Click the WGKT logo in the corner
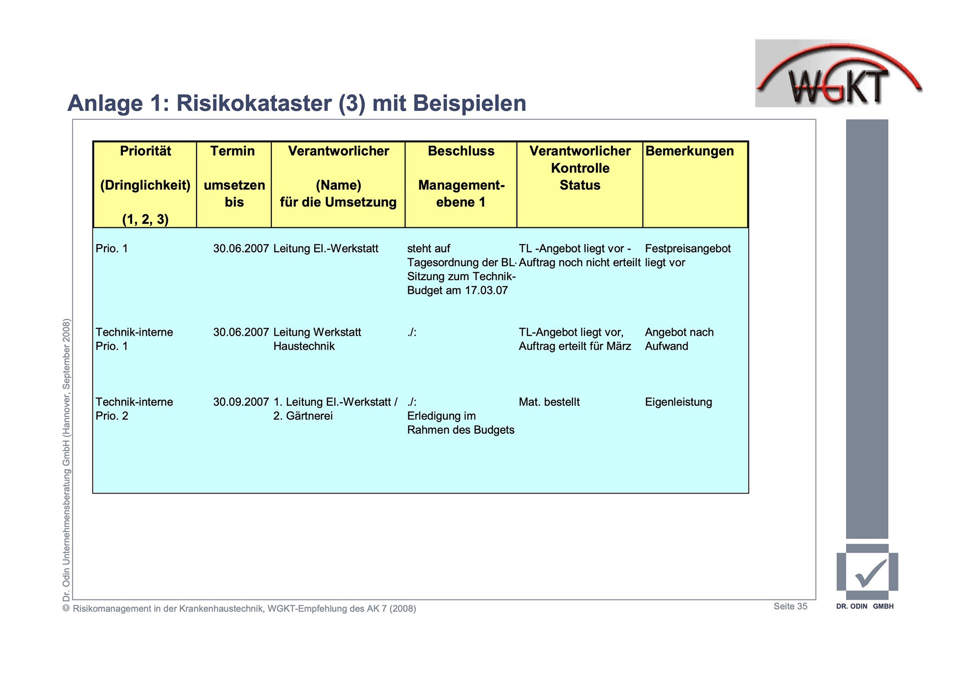838,74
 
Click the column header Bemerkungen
689,151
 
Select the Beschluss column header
461,151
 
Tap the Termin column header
232,151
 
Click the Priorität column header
145,151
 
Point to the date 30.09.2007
241,402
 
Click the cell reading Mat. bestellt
549,402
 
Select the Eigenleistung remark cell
678,402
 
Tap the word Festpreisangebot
687,249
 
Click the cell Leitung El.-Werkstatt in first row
325,249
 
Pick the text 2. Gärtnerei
302,416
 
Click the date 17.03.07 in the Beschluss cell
486,291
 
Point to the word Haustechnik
304,346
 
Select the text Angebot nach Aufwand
678,339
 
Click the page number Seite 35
790,606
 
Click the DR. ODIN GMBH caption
864,607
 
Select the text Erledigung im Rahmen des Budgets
460,423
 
